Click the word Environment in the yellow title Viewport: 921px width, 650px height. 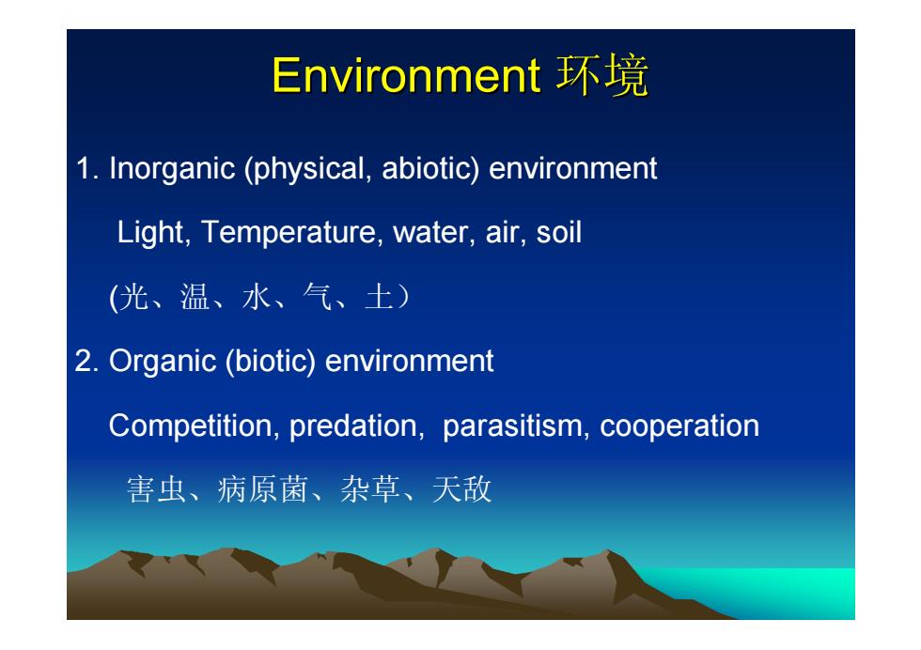coord(405,75)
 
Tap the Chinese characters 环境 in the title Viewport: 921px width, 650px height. coord(602,75)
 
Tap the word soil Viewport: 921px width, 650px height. coord(558,233)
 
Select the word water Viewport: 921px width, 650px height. coord(430,233)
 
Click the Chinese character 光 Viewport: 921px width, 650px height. coord(133,297)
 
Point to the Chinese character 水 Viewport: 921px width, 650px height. coord(257,297)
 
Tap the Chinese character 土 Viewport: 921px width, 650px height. coord(379,297)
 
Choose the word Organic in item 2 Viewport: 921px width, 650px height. coord(163,362)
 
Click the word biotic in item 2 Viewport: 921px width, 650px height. coord(271,361)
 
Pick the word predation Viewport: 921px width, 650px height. coord(353,426)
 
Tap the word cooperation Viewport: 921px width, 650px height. coord(679,426)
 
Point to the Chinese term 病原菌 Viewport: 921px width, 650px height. coord(263,489)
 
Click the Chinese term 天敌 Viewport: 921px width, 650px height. coord(461,489)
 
